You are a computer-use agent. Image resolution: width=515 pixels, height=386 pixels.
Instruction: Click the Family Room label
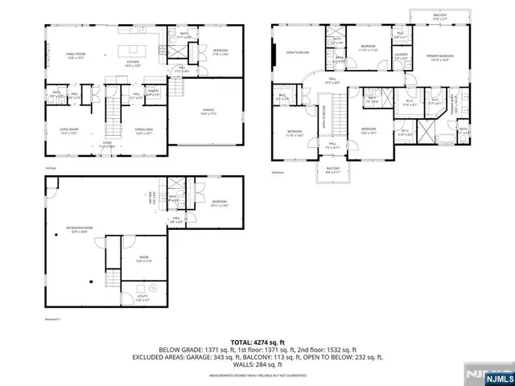(x=76, y=54)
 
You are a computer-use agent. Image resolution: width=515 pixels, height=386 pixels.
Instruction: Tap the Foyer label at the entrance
(x=106, y=146)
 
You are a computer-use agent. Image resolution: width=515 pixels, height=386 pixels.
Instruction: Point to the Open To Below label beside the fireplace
(x=297, y=53)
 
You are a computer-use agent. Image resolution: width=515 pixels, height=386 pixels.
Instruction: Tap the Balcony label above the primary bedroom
(x=439, y=15)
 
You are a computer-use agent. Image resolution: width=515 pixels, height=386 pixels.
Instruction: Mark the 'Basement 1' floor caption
(x=53, y=319)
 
